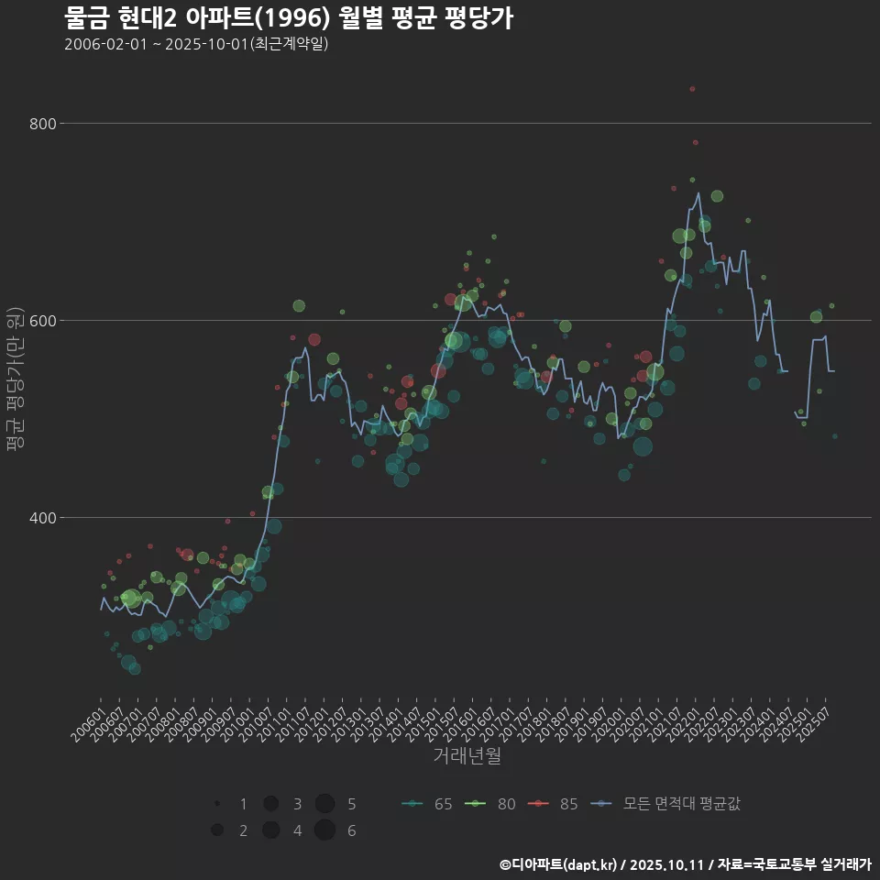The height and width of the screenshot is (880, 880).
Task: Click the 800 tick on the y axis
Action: tap(43, 123)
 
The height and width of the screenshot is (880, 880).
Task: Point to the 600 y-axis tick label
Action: tap(43, 320)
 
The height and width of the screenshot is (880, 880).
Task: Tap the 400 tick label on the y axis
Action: tap(43, 517)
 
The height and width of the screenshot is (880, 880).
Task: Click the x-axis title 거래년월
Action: tap(467, 756)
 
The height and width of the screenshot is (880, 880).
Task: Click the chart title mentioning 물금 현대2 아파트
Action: tap(288, 18)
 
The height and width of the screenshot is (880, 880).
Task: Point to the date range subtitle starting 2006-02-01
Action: tap(196, 44)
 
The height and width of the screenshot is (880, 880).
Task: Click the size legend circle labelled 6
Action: tap(324, 830)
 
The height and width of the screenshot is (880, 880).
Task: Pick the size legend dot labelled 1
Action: tap(217, 804)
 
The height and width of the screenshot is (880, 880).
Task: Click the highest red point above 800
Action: tap(692, 89)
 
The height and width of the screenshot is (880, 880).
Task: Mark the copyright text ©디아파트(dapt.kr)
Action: tap(558, 864)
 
